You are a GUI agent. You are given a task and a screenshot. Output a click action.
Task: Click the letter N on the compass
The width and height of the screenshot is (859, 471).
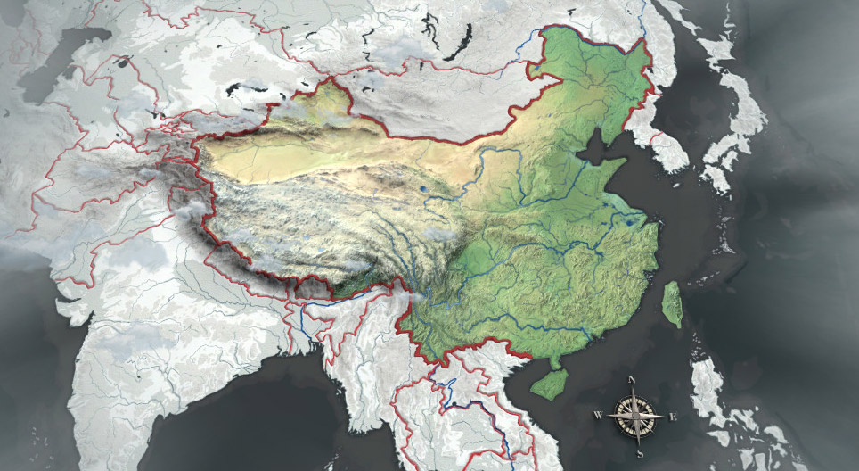pyautogui.click(x=632, y=381)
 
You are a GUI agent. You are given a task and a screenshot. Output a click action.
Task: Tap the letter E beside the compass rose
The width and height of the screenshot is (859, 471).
pyautogui.click(x=673, y=417)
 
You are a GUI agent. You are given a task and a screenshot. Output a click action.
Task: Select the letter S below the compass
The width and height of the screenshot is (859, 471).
pyautogui.click(x=639, y=454)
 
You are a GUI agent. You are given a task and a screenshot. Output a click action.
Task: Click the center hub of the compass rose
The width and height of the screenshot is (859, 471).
pyautogui.click(x=636, y=416)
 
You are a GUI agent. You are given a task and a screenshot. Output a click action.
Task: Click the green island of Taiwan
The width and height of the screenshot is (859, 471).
pyautogui.click(x=673, y=302)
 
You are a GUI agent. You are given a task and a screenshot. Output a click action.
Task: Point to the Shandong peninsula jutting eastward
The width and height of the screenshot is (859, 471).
pyautogui.click(x=614, y=170)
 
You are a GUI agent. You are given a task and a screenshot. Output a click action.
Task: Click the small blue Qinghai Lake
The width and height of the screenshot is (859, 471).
pyautogui.click(x=421, y=189)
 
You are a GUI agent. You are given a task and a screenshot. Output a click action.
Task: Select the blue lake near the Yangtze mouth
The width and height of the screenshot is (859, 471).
pyautogui.click(x=632, y=219)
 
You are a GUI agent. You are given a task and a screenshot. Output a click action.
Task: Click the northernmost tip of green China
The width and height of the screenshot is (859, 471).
pyautogui.click(x=546, y=29)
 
